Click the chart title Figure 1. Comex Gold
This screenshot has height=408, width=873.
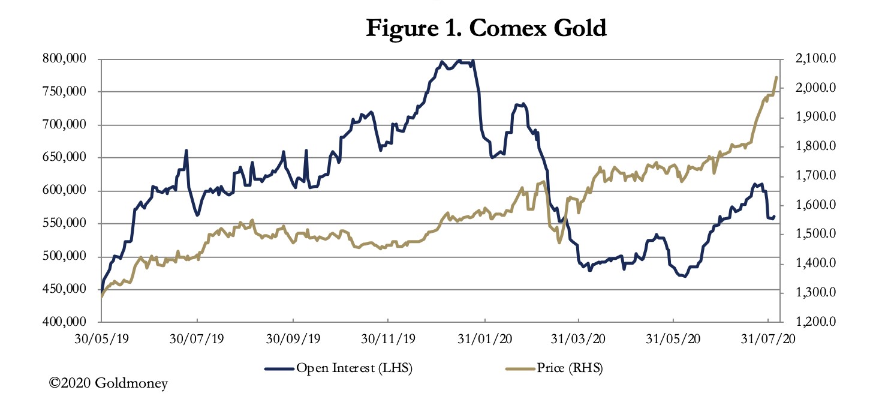[486, 28]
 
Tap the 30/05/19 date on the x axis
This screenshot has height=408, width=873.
[102, 339]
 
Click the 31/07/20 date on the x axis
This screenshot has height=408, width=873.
[769, 339]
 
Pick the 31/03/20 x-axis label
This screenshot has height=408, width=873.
[579, 339]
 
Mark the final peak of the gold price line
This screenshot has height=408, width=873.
[776, 77]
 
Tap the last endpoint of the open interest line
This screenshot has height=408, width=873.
[774, 217]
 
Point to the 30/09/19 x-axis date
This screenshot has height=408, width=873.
[293, 339]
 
